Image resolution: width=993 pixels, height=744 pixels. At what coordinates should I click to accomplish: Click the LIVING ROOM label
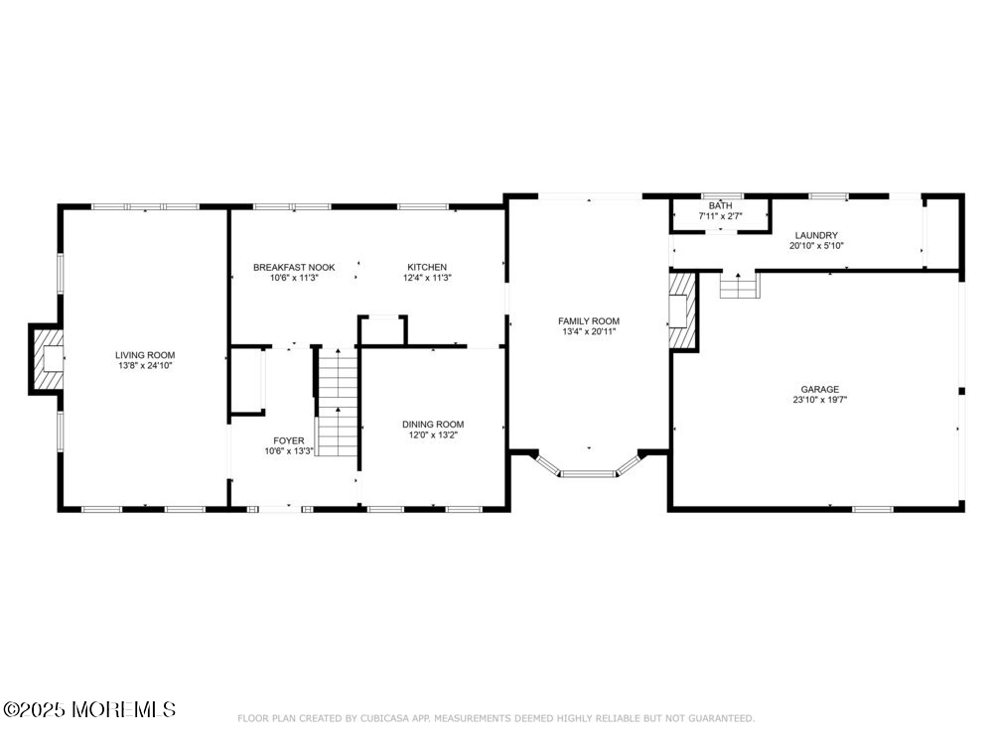click(145, 355)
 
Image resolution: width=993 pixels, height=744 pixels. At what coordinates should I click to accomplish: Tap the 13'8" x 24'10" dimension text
click(145, 366)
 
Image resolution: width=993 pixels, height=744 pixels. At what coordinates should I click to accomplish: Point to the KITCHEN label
click(399, 267)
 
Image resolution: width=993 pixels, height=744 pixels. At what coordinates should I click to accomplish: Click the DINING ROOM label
click(433, 424)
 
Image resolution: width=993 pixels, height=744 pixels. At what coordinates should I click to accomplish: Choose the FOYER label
click(289, 440)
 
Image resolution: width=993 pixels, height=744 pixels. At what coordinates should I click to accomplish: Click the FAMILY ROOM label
click(588, 320)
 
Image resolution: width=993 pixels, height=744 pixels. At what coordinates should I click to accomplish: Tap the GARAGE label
click(820, 390)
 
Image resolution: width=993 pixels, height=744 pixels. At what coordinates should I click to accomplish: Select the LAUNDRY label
click(816, 235)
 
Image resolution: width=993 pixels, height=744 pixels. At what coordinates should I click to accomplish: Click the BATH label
click(720, 205)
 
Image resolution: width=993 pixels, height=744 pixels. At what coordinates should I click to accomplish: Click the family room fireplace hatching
click(681, 310)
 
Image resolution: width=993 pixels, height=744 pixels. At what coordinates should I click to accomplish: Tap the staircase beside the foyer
click(338, 402)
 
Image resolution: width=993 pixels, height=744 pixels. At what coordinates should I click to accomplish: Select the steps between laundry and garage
click(739, 288)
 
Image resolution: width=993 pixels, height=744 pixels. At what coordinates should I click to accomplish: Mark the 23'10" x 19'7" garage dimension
click(820, 401)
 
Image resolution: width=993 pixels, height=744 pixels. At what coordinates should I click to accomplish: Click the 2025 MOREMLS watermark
click(89, 709)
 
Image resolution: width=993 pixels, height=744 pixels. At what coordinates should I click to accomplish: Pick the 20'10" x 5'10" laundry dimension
click(816, 245)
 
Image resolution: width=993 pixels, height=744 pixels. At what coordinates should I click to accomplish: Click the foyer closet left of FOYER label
click(247, 380)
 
